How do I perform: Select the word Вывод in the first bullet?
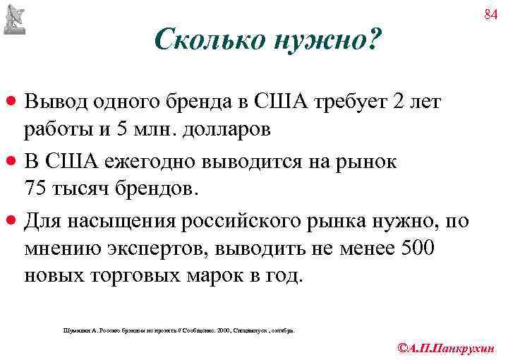(x=54, y=102)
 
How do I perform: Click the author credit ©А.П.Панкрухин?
(x=447, y=347)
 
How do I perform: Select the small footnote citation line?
(x=180, y=330)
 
